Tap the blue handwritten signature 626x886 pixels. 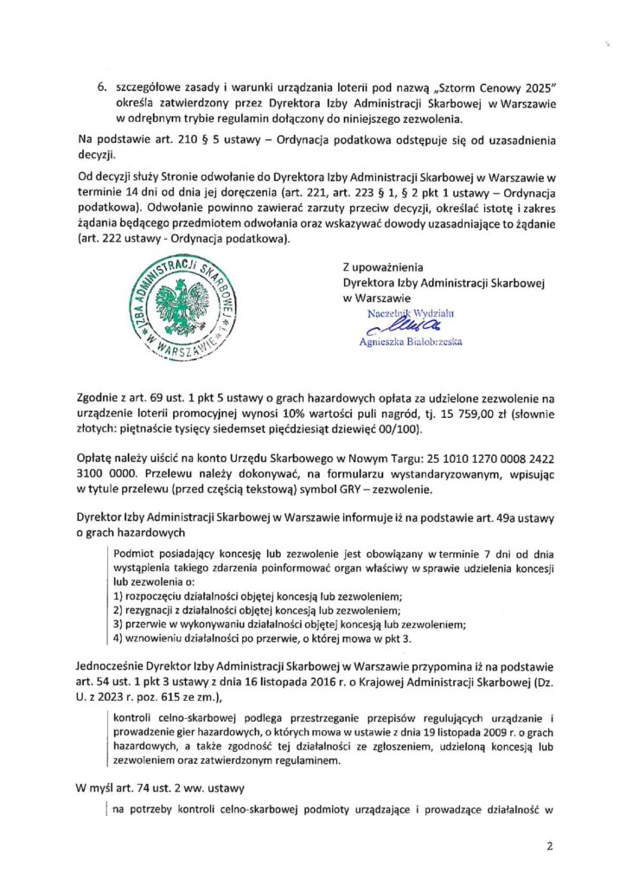(x=396, y=327)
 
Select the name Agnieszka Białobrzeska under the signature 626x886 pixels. (x=410, y=342)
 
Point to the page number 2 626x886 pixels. (x=548, y=845)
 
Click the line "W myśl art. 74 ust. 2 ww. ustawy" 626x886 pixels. (x=173, y=788)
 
